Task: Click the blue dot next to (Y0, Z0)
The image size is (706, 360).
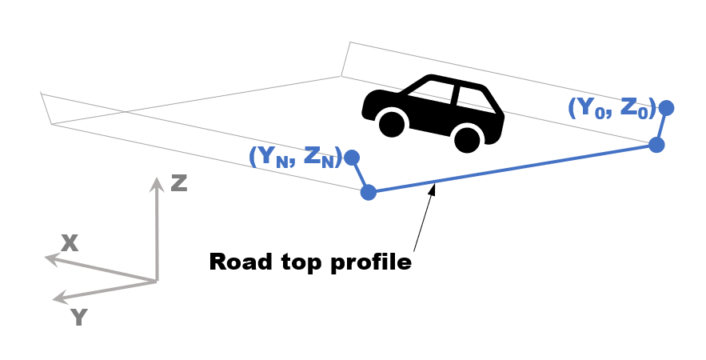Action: click(x=666, y=108)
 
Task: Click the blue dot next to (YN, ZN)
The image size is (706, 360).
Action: click(x=352, y=158)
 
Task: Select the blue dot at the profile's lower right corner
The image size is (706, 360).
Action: click(x=656, y=145)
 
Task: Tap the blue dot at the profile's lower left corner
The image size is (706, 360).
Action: click(x=369, y=192)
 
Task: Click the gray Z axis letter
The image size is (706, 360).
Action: click(x=179, y=183)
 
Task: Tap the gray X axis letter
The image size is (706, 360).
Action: click(x=70, y=243)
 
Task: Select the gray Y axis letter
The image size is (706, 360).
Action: click(x=79, y=318)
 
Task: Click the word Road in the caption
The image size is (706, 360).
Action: click(x=241, y=262)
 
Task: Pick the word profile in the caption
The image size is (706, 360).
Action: click(x=372, y=262)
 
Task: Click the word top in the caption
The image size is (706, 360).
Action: click(x=301, y=263)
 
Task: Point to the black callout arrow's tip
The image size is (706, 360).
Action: click(x=434, y=184)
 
